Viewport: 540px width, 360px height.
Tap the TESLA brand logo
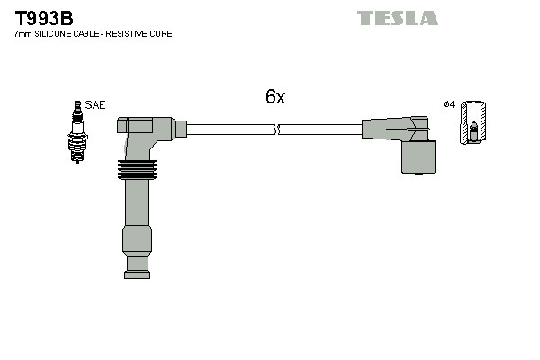point(397,18)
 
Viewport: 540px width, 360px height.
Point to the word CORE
point(163,34)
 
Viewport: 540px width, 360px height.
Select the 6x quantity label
point(274,97)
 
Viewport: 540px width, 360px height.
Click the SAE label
point(95,105)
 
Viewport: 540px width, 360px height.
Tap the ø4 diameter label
point(449,105)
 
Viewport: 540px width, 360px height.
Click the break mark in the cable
point(278,130)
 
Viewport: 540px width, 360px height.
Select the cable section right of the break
point(319,130)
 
